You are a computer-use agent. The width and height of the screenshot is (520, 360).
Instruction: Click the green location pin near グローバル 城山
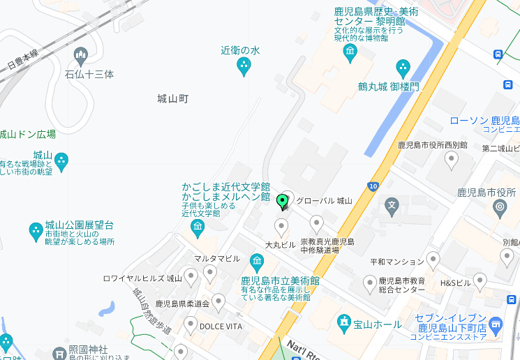(x=283, y=202)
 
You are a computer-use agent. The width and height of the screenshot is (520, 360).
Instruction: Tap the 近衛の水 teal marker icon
(x=244, y=66)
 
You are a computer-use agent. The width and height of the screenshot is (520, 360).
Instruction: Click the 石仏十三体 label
(x=89, y=74)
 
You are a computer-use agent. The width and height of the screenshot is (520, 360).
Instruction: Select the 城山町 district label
(x=173, y=99)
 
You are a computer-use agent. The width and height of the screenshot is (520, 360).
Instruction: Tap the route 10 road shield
(x=373, y=186)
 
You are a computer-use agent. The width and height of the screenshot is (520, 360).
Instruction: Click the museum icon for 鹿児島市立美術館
(x=257, y=263)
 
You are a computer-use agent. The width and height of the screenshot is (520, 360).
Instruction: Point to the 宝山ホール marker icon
(x=344, y=323)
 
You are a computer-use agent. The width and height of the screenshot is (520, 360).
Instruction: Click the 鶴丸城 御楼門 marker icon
(x=403, y=68)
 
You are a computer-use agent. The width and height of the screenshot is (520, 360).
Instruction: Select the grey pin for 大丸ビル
(x=281, y=227)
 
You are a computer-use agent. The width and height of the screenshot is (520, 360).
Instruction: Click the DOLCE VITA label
(x=221, y=327)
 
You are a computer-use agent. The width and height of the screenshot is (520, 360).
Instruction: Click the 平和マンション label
(x=396, y=262)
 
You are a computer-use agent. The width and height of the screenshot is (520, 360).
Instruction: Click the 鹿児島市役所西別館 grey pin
(x=452, y=160)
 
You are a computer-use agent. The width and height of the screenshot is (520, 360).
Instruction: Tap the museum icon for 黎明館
(x=350, y=52)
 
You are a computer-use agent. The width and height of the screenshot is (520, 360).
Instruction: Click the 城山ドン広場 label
(x=28, y=134)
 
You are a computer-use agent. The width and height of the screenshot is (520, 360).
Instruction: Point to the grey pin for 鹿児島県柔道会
(x=218, y=302)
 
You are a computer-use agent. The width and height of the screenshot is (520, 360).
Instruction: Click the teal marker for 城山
(x=61, y=162)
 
